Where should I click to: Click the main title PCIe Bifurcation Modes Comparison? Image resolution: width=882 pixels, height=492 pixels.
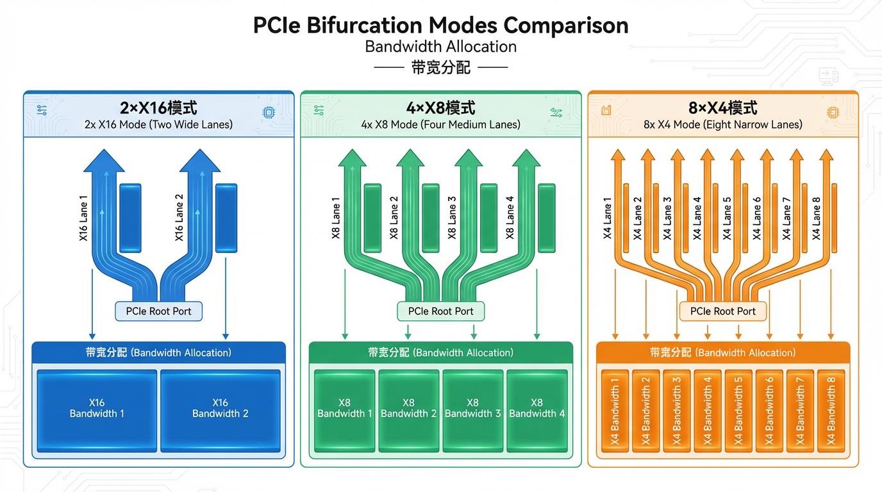[x=440, y=26]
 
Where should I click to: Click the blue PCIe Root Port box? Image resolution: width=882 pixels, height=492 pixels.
[x=158, y=311]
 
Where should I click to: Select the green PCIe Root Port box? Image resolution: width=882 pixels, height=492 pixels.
[x=441, y=311]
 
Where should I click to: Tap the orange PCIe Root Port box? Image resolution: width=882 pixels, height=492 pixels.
[x=722, y=311]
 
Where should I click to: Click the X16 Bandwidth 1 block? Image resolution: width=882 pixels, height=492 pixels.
[x=97, y=409]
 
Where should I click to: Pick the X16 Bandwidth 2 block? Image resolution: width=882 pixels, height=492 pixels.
[x=220, y=409]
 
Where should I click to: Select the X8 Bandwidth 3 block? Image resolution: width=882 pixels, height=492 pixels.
[x=472, y=409]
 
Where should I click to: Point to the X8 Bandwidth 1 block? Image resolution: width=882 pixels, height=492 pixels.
[x=344, y=409]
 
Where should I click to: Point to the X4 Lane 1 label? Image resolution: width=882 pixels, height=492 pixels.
[x=608, y=218]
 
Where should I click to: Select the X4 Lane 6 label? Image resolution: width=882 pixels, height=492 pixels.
[x=757, y=218]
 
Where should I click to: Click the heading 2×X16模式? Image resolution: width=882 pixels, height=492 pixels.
[x=158, y=107]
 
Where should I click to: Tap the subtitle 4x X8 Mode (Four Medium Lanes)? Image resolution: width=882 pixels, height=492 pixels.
[x=441, y=124]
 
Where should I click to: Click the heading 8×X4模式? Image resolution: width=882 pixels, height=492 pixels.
[x=722, y=107]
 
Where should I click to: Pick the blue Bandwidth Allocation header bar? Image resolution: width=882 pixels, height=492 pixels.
[x=158, y=352]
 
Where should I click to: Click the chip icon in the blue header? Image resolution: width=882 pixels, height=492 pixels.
[x=268, y=112]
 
